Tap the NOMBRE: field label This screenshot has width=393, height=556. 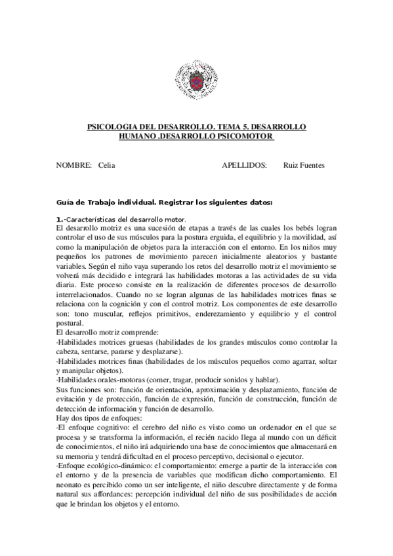click(x=73, y=166)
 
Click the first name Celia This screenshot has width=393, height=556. click(x=106, y=166)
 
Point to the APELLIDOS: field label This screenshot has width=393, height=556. click(x=245, y=166)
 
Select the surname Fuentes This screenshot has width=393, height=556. click(x=312, y=166)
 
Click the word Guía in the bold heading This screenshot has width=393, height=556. click(x=66, y=202)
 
